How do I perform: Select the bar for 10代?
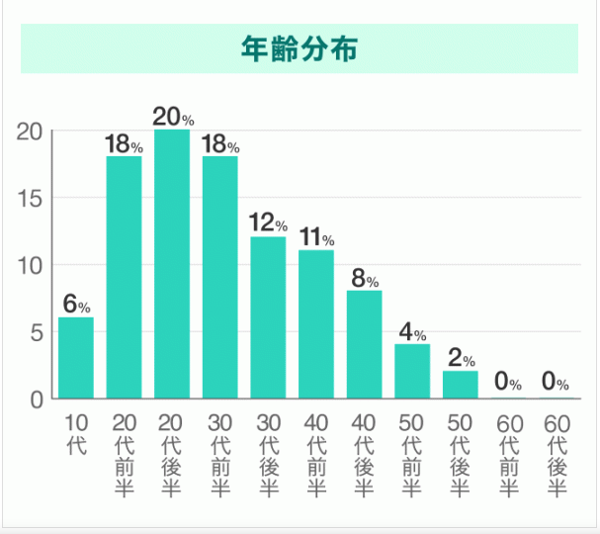76,357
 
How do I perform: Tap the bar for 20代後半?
172,264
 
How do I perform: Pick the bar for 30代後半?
268,317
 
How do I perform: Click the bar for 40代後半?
364,344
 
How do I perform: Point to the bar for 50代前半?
412,371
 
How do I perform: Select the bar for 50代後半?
460,384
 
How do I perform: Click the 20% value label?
172,116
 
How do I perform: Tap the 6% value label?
76,304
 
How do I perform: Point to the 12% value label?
268,223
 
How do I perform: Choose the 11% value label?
316,237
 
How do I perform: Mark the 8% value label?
364,278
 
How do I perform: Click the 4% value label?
412,331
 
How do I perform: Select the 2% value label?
460,358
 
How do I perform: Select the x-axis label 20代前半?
125,455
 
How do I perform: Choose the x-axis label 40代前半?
316,455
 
